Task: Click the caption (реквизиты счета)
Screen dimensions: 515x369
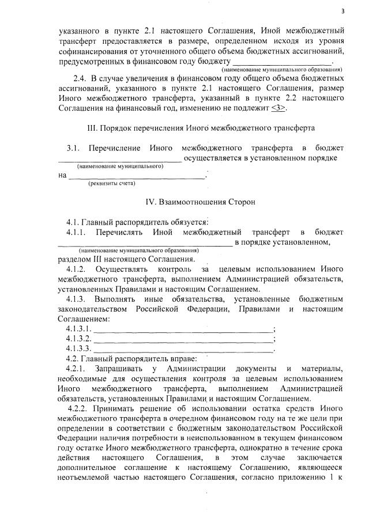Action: pos(111,184)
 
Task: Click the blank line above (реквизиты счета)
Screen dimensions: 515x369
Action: pos(137,177)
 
